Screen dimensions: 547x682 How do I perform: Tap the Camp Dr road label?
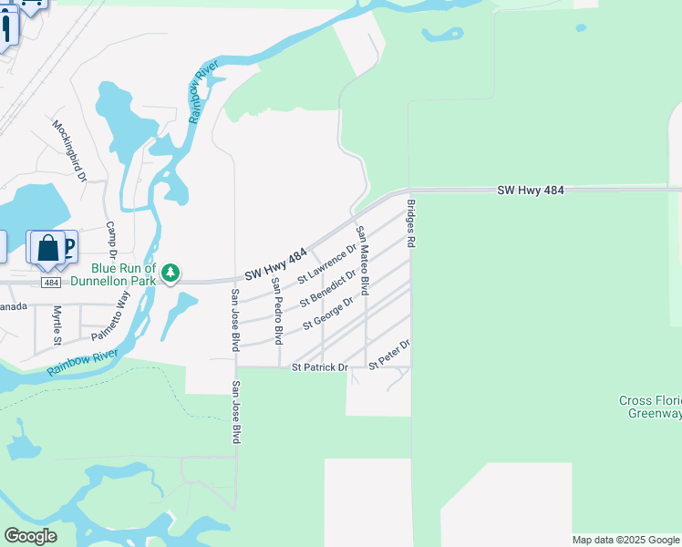pos(113,239)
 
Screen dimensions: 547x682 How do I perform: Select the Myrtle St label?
pos(57,325)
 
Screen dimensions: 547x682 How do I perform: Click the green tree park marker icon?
pos(170,273)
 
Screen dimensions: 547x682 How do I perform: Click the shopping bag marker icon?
pos(47,249)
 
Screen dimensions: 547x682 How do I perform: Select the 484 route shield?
pos(51,283)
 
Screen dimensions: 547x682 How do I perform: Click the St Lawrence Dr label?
pos(326,262)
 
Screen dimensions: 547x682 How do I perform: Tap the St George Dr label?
pos(327,310)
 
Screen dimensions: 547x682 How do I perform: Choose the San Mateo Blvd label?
pos(362,260)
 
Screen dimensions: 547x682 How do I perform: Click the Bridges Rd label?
pos(411,224)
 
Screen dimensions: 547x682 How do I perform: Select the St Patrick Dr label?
pos(320,367)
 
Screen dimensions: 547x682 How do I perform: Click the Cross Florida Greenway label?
pos(649,407)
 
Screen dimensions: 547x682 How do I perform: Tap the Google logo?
pos(30,536)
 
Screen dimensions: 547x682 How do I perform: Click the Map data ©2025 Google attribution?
pos(625,540)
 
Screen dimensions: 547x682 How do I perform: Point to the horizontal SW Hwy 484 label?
pos(532,191)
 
